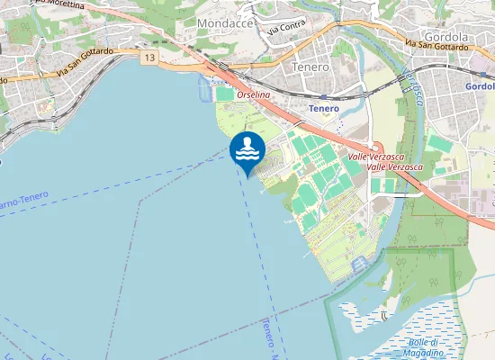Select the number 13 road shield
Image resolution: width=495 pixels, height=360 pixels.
[148, 58]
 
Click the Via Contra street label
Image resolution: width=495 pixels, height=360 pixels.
[287, 27]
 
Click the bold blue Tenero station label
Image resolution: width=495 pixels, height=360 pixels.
[324, 108]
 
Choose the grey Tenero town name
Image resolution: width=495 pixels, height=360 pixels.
[312, 67]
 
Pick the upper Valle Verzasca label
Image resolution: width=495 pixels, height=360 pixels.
[375, 157]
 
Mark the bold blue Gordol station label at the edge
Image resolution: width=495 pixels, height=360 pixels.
[481, 86]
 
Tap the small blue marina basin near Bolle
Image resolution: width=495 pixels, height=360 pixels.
[360, 262]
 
